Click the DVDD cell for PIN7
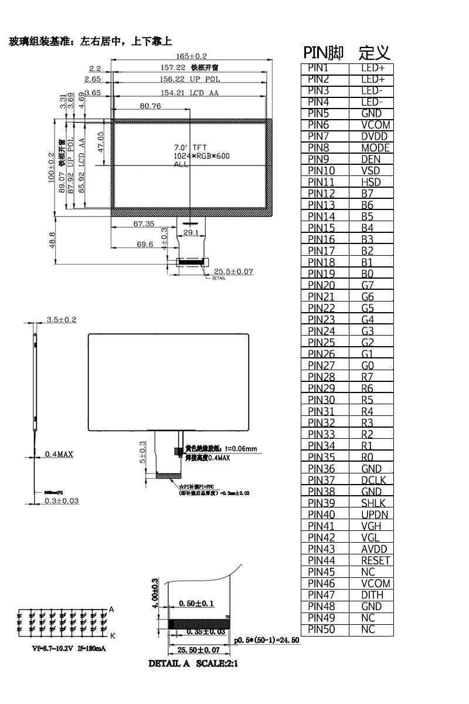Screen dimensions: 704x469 tap(375, 137)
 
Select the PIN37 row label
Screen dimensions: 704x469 tap(321, 480)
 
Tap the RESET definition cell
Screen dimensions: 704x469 tap(376, 560)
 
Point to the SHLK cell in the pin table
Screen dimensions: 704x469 tap(373, 503)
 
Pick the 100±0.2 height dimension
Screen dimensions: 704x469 tap(51, 167)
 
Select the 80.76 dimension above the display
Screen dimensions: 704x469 tap(150, 106)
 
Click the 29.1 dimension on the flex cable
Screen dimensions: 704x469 tap(191, 233)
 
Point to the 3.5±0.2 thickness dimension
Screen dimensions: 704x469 tap(62, 320)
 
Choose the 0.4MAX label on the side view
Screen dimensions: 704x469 tap(59, 454)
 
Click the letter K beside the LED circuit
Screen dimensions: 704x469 tap(112, 635)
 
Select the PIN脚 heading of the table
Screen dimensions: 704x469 tap(324, 53)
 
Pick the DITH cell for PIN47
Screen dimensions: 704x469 tap(372, 595)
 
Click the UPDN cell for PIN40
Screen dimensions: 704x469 tap(375, 515)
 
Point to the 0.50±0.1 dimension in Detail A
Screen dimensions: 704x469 tap(196, 604)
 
